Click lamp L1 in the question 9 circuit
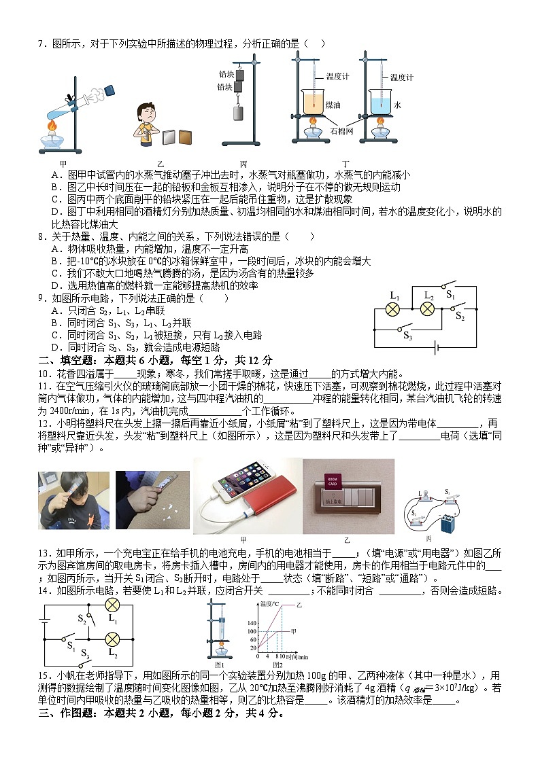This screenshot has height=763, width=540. click(x=393, y=309)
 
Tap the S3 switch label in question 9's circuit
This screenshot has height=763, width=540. click(x=408, y=336)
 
